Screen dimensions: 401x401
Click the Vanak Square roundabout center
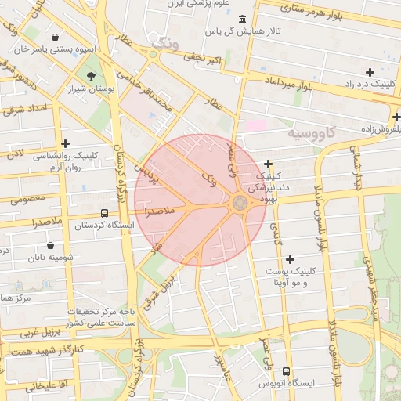pyautogui.click(x=240, y=203)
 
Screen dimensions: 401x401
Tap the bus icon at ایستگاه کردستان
pyautogui.click(x=105, y=213)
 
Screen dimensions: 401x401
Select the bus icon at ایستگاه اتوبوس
pyautogui.click(x=286, y=371)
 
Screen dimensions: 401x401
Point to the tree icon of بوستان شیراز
pyautogui.click(x=92, y=76)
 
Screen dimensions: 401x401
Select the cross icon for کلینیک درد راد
pyautogui.click(x=370, y=72)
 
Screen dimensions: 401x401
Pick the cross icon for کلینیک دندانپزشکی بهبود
pyautogui.click(x=269, y=164)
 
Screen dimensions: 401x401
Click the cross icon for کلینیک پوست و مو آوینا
pyautogui.click(x=291, y=259)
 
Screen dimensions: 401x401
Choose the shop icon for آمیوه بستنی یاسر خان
pyautogui.click(x=54, y=37)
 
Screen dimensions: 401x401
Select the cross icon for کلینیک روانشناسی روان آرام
pyautogui.click(x=66, y=143)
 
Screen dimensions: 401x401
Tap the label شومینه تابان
pyautogui.click(x=50, y=257)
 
